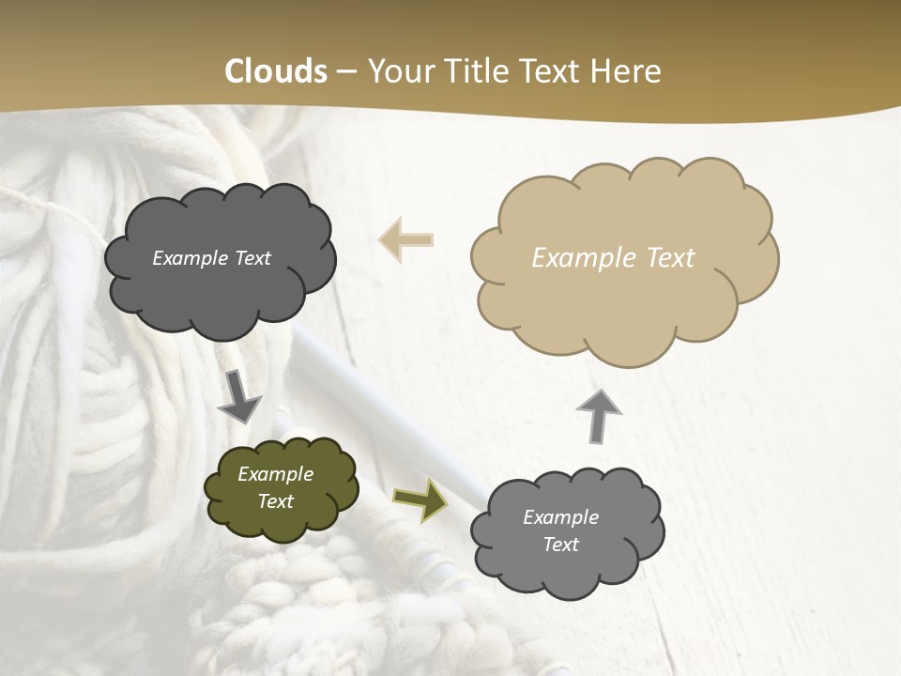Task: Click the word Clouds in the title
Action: point(276,71)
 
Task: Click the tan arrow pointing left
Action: point(405,239)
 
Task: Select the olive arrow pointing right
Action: point(420,499)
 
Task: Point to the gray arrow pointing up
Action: point(598,414)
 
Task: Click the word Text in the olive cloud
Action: point(276,501)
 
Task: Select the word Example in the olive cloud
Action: point(276,474)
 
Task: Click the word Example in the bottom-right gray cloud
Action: point(560,517)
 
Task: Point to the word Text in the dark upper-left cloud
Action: point(252,258)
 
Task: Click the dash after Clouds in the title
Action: point(345,71)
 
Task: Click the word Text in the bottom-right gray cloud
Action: point(560,545)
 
